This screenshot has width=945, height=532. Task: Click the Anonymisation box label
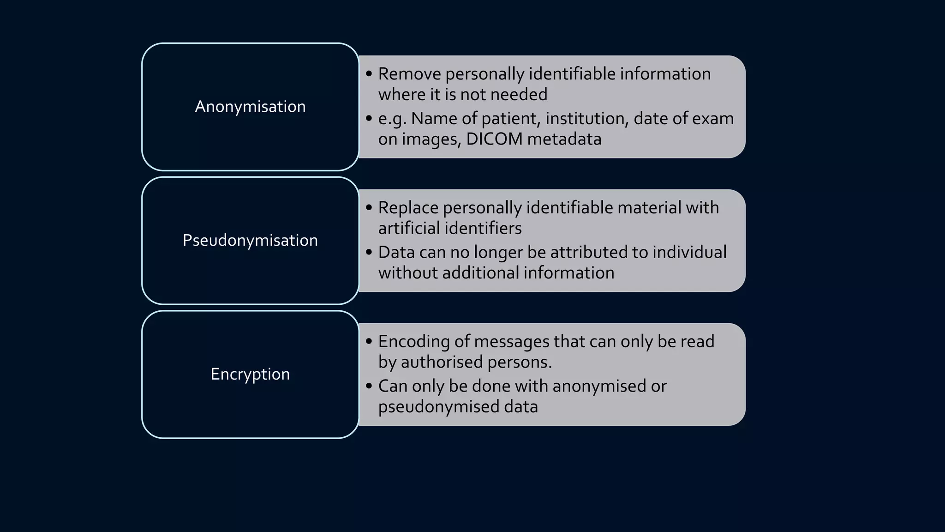pos(250,107)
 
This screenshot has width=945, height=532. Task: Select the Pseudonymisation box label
pos(250,241)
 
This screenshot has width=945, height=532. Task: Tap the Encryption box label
pos(250,374)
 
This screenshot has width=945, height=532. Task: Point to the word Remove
pos(409,74)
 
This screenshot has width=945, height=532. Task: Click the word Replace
pos(408,208)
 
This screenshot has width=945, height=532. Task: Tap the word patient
pos(510,119)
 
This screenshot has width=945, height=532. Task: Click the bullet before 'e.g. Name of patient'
pos(369,118)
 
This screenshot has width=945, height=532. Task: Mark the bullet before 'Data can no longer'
pos(369,252)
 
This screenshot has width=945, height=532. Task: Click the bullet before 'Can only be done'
pos(369,386)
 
